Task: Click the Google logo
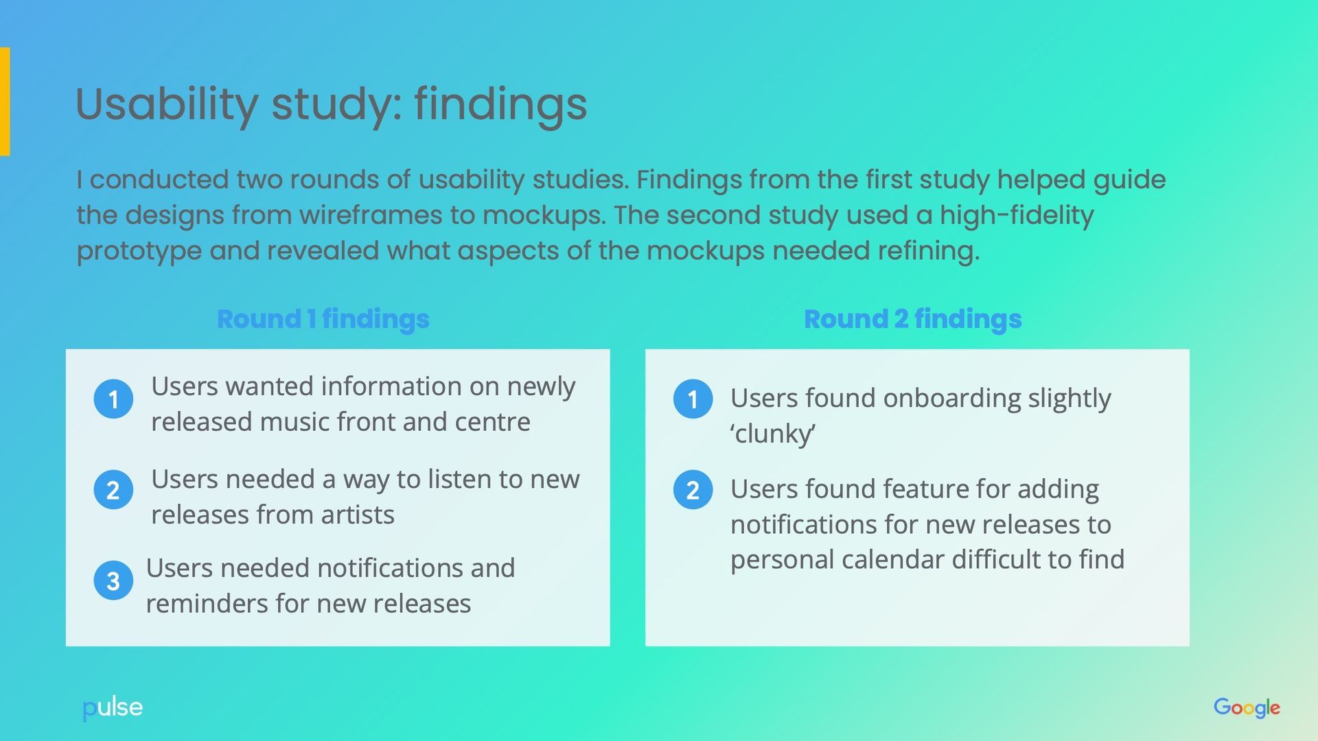pyautogui.click(x=1246, y=707)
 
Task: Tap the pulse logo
pyautogui.click(x=113, y=708)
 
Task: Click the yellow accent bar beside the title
pyautogui.click(x=5, y=102)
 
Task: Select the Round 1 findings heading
pyautogui.click(x=323, y=319)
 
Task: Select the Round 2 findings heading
pyautogui.click(x=912, y=319)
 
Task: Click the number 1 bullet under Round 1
pyautogui.click(x=113, y=399)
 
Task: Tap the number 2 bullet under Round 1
pyautogui.click(x=113, y=490)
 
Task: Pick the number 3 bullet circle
pyautogui.click(x=113, y=581)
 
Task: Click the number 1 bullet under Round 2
pyautogui.click(x=693, y=399)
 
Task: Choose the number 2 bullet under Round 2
pyautogui.click(x=693, y=490)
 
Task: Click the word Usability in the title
pyautogui.click(x=166, y=104)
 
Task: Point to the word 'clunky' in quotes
pyautogui.click(x=773, y=434)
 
